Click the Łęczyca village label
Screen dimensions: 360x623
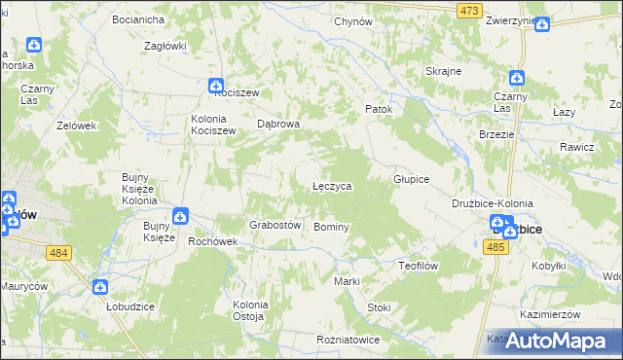tap(332, 185)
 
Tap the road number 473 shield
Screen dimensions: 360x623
tap(470, 10)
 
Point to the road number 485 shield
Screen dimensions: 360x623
tap(495, 247)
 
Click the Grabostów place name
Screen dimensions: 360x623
tap(274, 225)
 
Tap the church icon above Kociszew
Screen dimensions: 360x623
tap(216, 86)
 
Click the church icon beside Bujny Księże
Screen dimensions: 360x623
tap(180, 216)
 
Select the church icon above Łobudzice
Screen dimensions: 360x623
tap(100, 287)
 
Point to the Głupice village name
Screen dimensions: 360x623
tap(411, 180)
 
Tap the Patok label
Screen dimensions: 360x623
tap(378, 109)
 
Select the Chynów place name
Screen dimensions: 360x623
tap(353, 21)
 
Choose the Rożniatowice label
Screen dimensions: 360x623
tap(348, 340)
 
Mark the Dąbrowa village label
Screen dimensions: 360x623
tap(277, 125)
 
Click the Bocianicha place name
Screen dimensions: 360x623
tap(138, 19)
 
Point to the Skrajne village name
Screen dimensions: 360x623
tap(443, 72)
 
